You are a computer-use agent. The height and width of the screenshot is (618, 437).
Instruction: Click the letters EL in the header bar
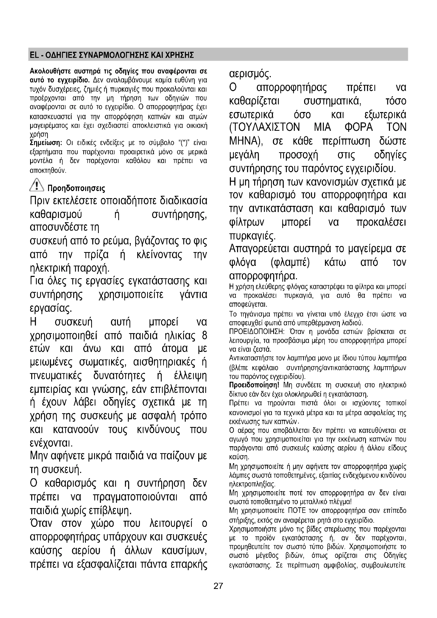(x=34, y=55)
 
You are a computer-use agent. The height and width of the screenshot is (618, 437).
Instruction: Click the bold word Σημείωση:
(x=46, y=143)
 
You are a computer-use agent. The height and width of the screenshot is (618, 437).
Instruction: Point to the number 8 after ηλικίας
(x=204, y=336)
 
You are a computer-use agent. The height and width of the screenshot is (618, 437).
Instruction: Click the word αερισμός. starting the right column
(x=250, y=74)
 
